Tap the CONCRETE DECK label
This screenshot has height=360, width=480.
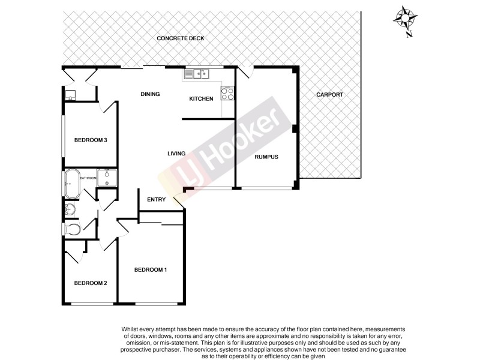pyautogui.click(x=181, y=38)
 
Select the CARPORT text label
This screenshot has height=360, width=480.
pyautogui.click(x=329, y=95)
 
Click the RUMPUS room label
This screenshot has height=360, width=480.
pyautogui.click(x=266, y=157)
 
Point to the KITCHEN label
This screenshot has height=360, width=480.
pyautogui.click(x=201, y=99)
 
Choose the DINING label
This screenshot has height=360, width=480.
pyautogui.click(x=150, y=94)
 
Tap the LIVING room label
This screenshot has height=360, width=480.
pyautogui.click(x=176, y=154)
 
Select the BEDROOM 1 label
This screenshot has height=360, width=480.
pyautogui.click(x=150, y=270)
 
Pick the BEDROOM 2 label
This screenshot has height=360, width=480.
pyautogui.click(x=91, y=283)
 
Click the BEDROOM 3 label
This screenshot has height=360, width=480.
pyautogui.click(x=91, y=140)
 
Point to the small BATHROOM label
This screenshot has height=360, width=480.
pyautogui.click(x=89, y=178)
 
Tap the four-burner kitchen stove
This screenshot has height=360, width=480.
pyautogui.click(x=228, y=93)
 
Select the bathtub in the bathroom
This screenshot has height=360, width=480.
pyautogui.click(x=71, y=183)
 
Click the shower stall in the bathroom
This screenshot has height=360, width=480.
pyautogui.click(x=108, y=178)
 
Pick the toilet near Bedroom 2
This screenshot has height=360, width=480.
pyautogui.click(x=73, y=229)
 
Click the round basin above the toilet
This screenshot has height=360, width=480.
pyautogui.click(x=70, y=209)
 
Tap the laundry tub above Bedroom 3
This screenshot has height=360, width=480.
pyautogui.click(x=70, y=95)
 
